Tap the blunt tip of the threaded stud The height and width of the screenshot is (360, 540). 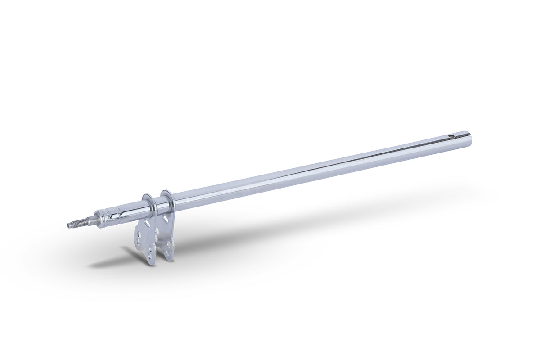pyautogui.click(x=69, y=225)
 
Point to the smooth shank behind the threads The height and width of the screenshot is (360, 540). pyautogui.click(x=90, y=220)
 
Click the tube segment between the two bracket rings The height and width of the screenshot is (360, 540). pyautogui.click(x=157, y=205)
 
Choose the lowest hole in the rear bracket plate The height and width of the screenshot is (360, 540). pyautogui.click(x=169, y=245)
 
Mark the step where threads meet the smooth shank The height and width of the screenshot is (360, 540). pyautogui.click(x=85, y=221)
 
